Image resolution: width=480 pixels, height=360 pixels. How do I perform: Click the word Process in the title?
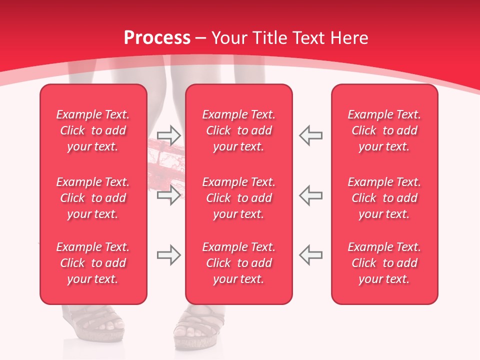pos(157,38)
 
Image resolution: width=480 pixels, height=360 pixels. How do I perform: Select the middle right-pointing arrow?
pos(168,195)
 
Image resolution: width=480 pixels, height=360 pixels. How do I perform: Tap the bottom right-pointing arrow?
pos(168,255)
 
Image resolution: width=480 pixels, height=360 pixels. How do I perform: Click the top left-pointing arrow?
pos(311,135)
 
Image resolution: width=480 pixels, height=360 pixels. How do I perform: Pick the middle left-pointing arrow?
pos(311,195)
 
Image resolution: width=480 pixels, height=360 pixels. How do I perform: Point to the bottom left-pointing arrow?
pos(311,255)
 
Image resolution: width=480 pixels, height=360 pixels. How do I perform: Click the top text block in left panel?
pos(93,130)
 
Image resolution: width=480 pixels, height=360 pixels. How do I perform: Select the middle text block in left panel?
pos(93,198)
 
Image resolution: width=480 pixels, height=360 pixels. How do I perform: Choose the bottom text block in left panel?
pos(93,263)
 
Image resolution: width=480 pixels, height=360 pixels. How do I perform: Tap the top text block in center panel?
pos(239,130)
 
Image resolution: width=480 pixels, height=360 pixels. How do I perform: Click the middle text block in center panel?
pos(239,198)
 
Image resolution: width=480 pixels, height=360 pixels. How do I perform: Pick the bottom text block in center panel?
pos(239,263)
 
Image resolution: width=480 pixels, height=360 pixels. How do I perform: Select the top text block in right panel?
pos(384,130)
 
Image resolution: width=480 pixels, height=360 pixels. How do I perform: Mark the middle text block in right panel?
pos(384,198)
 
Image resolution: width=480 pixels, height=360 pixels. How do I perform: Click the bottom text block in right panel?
pos(384,263)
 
